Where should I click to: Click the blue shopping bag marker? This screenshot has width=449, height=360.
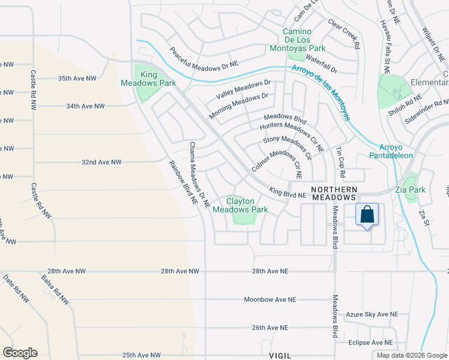(367, 215)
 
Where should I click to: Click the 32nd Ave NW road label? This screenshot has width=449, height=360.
(101, 163)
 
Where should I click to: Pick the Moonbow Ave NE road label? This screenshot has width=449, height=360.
(270, 299)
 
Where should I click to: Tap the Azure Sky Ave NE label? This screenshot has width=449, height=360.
(372, 314)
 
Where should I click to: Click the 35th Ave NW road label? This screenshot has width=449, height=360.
(77, 79)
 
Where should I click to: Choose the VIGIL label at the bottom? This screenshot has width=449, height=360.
(280, 355)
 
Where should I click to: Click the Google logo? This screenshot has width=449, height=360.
(20, 353)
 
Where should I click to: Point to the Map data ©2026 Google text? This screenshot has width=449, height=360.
(411, 355)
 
